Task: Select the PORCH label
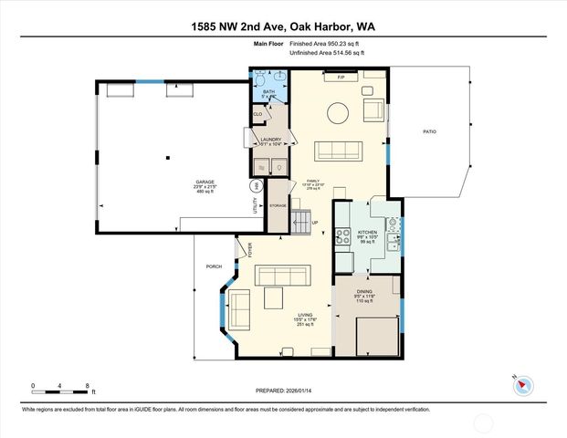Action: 215,266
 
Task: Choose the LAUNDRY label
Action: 269,140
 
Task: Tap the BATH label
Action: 269,91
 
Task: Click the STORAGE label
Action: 278,206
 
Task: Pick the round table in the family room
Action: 339,112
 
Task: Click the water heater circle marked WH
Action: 257,185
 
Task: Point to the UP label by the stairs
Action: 315,223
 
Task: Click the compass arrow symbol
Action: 522,384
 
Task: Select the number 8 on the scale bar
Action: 85,385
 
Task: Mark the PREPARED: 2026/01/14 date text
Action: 284,391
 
